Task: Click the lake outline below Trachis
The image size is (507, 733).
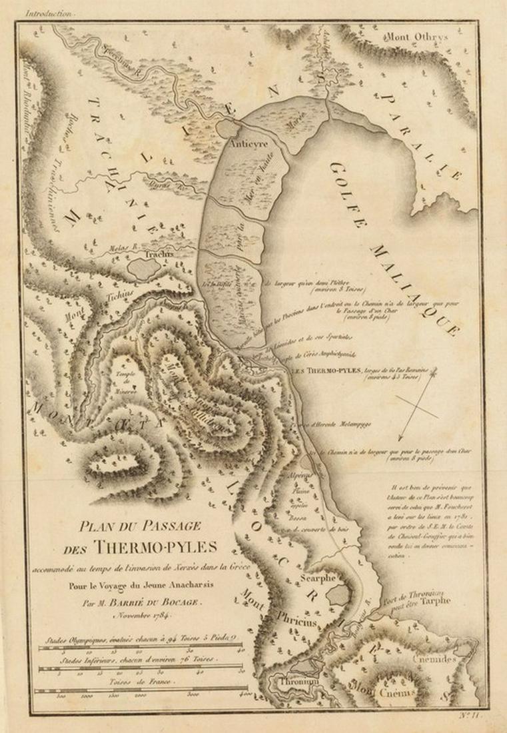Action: click(x=144, y=269)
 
